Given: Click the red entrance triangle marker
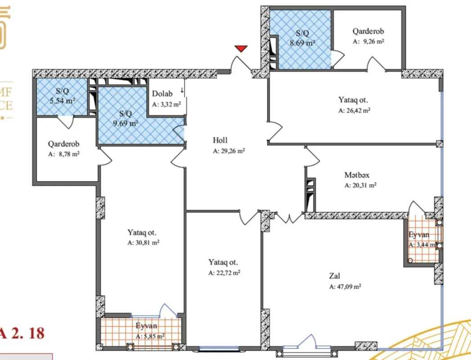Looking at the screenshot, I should (242, 49).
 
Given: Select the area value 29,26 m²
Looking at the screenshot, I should (229, 152).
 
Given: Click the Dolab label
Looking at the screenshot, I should (161, 94).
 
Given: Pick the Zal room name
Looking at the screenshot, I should (334, 275).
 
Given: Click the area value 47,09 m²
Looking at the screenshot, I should (345, 286).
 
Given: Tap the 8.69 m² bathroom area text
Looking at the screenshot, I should (302, 44).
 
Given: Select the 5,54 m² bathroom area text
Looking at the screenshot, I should (62, 100).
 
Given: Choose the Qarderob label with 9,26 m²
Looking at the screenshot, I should (368, 31).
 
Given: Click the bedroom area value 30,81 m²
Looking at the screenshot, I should (144, 243).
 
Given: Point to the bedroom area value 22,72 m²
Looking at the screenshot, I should (224, 273).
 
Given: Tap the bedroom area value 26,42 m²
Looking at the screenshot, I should (354, 110).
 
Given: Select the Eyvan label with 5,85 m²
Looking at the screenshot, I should (147, 326).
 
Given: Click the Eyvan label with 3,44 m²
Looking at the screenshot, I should (419, 235).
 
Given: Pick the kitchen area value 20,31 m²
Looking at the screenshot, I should (360, 185).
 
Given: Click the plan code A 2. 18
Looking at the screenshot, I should (22, 334).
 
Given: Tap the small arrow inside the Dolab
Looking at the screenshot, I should (182, 90).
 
